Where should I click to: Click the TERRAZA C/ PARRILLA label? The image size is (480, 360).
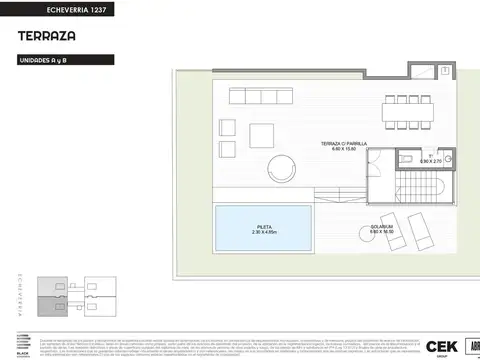tap(344, 144)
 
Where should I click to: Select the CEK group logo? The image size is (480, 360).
tap(440, 346)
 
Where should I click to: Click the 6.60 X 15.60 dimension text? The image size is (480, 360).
tap(344, 151)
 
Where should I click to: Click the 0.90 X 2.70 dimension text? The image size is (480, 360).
tap(429, 161)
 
